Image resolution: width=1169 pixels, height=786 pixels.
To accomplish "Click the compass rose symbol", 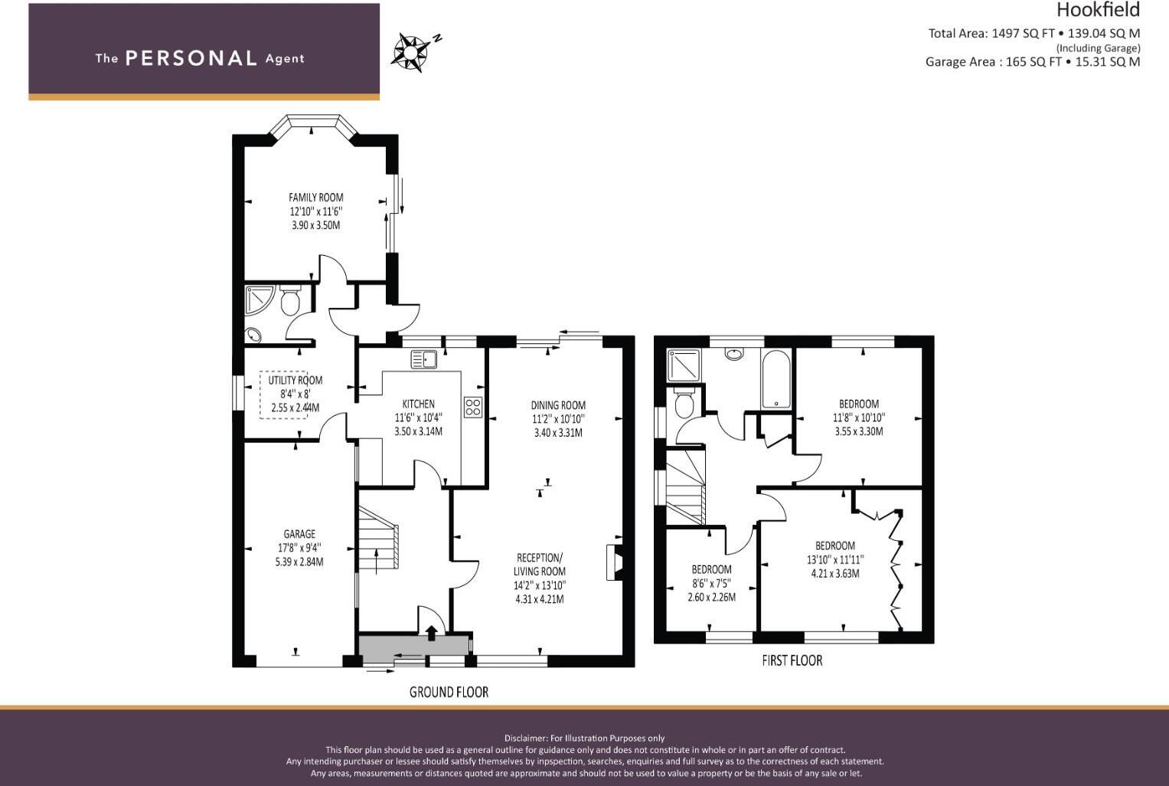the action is (x=410, y=52).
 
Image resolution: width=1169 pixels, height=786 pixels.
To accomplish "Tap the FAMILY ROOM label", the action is (x=315, y=198).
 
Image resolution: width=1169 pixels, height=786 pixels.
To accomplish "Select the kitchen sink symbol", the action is (x=424, y=359).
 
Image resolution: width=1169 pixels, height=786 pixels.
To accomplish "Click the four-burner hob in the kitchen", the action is (x=473, y=408).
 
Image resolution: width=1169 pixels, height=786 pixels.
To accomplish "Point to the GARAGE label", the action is (x=299, y=534).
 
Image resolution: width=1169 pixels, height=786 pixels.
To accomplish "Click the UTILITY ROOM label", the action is (x=295, y=380).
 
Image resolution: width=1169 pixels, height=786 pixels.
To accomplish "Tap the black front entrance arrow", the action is (x=431, y=633).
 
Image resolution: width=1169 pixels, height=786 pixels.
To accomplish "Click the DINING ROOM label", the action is (x=558, y=404).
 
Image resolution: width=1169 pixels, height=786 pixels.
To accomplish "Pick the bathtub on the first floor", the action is (x=776, y=378).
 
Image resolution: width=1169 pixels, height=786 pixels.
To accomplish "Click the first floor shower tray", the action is (x=684, y=365).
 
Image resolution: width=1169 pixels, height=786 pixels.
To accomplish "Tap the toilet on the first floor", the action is (x=683, y=402).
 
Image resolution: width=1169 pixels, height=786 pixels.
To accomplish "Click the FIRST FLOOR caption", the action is (x=792, y=660).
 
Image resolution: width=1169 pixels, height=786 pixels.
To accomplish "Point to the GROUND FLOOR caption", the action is (x=449, y=692).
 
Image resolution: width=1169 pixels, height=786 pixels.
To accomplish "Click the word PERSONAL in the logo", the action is (x=191, y=58).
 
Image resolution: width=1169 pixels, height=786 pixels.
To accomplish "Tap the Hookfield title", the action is (x=1098, y=10).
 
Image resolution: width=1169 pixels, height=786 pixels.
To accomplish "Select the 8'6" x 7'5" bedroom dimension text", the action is (x=711, y=583).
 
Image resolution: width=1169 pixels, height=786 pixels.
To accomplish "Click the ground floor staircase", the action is (x=378, y=538).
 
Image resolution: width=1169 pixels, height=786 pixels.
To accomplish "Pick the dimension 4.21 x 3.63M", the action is (x=835, y=573).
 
